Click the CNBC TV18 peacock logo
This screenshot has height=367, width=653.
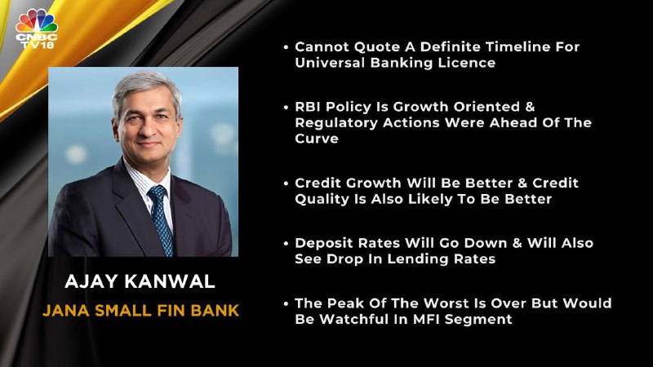(37, 29)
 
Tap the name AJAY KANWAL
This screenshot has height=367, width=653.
(140, 281)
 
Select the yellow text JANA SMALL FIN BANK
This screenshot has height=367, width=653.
(141, 311)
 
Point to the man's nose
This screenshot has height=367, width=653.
(147, 127)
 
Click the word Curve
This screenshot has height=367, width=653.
(317, 139)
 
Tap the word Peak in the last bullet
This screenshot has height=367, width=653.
(345, 303)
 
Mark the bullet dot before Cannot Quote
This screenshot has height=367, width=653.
(286, 47)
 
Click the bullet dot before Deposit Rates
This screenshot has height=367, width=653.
(286, 243)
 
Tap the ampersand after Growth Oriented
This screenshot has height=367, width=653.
(530, 107)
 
